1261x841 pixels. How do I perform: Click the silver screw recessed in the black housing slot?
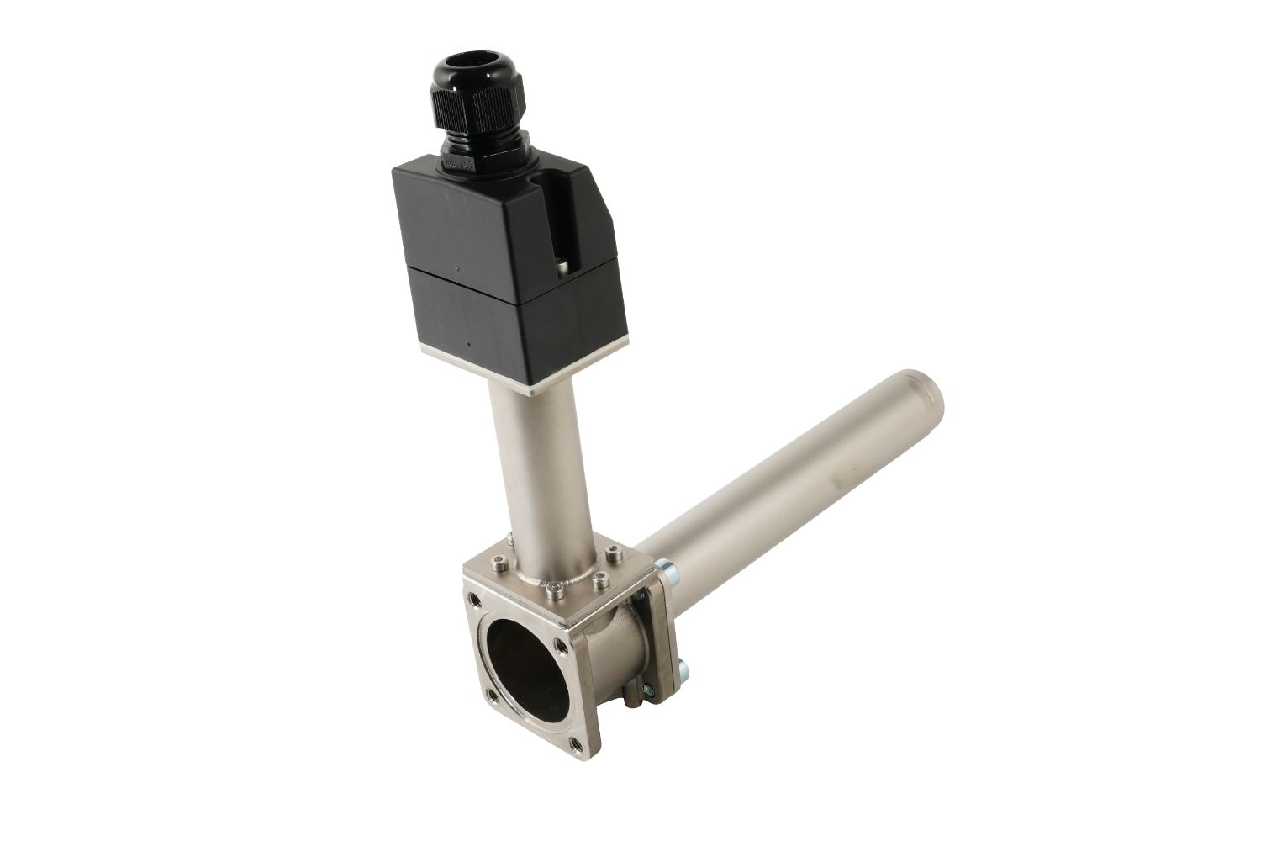(562, 267)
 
